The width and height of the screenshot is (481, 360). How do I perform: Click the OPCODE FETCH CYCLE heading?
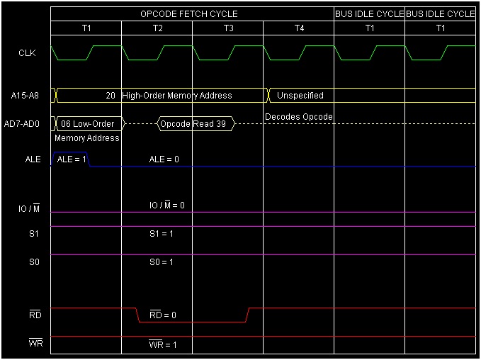point(188,13)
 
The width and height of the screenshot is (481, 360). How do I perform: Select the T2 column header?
point(157,28)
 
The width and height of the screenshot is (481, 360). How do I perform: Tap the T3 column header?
point(227,28)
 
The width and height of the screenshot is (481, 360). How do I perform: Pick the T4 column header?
point(298,28)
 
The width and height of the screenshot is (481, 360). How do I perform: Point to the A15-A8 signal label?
point(26,96)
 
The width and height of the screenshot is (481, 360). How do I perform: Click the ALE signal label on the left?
point(33,159)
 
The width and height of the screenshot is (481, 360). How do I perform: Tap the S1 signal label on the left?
point(33,233)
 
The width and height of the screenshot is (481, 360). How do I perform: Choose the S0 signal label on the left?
point(33,261)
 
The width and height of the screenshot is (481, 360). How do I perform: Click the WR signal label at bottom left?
point(35,344)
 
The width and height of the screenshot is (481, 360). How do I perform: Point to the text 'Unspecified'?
point(300,96)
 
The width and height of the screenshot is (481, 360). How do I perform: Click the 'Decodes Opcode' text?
point(299,116)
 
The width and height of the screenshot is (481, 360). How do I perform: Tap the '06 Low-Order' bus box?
point(88,123)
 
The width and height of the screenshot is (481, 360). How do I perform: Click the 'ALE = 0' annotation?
point(164,159)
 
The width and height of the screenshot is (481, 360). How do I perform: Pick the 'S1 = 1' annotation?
point(162,233)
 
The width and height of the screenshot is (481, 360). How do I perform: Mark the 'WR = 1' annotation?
point(163,345)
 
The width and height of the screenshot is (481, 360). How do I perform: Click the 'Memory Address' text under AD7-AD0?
point(86,138)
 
